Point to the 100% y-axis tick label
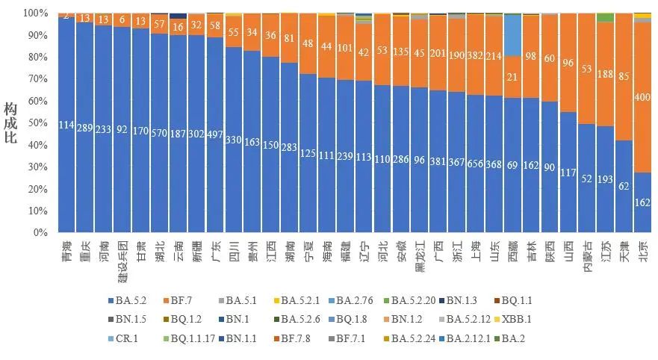36,13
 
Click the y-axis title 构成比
10,123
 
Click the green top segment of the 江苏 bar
606,17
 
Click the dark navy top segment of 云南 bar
178,15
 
